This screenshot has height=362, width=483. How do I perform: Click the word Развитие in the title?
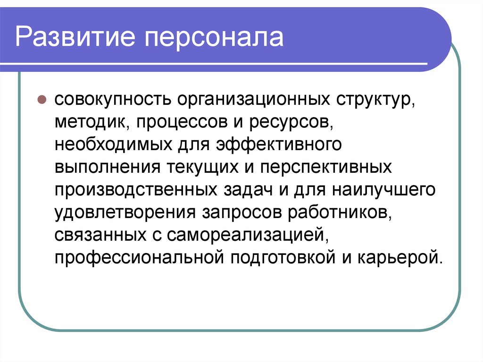(75, 37)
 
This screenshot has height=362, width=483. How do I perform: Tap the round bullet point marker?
(42, 100)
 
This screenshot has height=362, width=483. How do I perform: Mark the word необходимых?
(113, 144)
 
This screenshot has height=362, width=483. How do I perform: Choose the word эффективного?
(279, 145)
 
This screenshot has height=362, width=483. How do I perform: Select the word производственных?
(136, 190)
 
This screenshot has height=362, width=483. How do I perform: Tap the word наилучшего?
(383, 190)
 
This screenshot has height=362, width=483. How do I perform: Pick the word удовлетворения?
(125, 213)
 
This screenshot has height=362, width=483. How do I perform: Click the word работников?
(340, 212)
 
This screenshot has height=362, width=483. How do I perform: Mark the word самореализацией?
(248, 235)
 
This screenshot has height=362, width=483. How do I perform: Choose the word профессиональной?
(139, 258)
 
